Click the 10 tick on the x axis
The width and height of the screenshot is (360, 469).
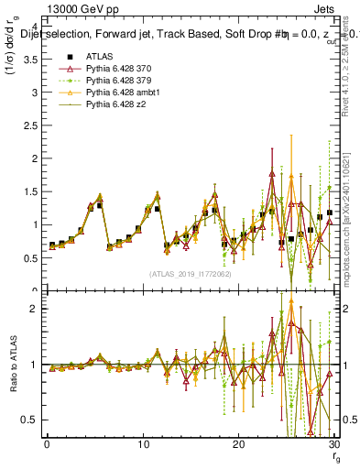pos(142,444)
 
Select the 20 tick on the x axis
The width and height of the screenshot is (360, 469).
pos(238,444)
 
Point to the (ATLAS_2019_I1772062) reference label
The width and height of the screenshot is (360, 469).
pos(189,274)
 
